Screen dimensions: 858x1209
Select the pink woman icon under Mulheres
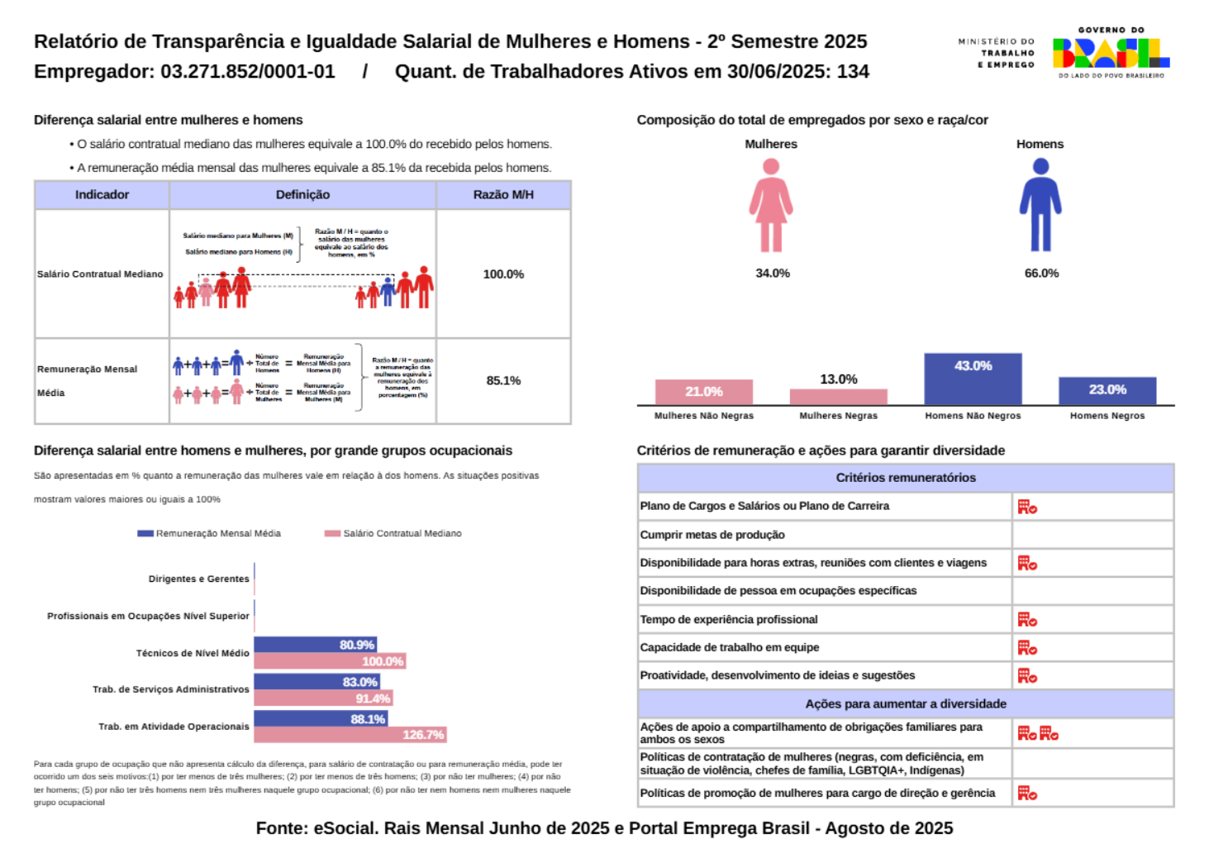click(771, 205)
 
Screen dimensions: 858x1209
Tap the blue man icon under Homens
click(1040, 205)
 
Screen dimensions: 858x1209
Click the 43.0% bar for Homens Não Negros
click(973, 379)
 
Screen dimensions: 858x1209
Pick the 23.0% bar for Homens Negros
click(1107, 391)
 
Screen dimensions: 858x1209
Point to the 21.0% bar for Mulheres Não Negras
click(703, 392)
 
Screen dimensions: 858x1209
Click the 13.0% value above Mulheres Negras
click(838, 379)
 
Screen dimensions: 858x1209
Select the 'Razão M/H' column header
click(503, 195)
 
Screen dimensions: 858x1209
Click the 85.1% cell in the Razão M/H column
click(503, 381)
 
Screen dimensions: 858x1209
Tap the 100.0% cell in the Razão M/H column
click(503, 274)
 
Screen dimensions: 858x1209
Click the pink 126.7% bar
click(350, 735)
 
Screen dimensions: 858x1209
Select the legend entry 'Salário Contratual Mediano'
click(393, 534)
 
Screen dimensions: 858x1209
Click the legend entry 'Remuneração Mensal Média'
click(210, 534)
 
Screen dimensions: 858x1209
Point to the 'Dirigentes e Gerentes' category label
click(198, 579)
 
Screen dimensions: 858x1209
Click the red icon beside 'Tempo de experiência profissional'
click(1027, 620)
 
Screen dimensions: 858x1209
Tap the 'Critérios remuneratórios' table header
click(905, 478)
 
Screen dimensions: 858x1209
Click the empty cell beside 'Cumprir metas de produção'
click(1092, 535)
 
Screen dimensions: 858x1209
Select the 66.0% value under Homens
click(1041, 274)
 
